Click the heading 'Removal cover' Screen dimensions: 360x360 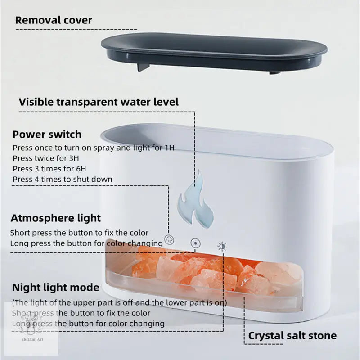click(54, 20)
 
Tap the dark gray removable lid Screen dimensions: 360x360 click(214, 53)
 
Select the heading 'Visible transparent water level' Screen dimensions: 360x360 click(99, 102)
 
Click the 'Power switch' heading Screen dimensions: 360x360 click(47, 135)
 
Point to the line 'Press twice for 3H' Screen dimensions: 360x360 click(46, 158)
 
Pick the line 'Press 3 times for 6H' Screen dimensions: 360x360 click(49, 169)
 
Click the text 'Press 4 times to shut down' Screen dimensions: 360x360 click(63, 179)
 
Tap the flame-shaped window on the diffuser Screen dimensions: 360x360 click(195, 199)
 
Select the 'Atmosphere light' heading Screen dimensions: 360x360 click(56, 218)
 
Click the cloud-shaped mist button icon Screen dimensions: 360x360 click(169, 240)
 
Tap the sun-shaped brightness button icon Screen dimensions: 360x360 click(222, 247)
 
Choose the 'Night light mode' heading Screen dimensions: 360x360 click(55, 288)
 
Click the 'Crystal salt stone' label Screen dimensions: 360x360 click(292, 336)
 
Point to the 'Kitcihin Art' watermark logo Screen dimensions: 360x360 click(32, 328)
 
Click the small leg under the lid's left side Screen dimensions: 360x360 click(143, 67)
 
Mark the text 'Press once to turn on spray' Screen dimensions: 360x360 click(60, 148)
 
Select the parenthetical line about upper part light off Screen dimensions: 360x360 click(119, 303)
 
